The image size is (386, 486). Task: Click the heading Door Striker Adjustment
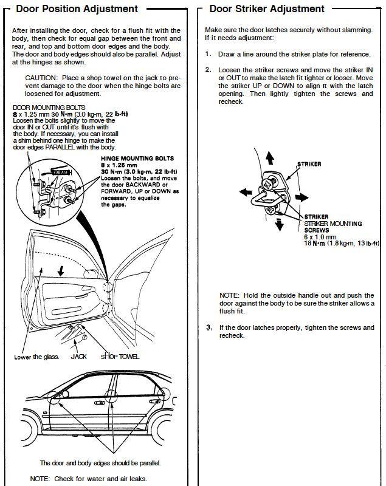coord(267,9)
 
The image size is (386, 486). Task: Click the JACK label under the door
coord(78,357)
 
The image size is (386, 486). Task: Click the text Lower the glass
coord(36,357)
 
